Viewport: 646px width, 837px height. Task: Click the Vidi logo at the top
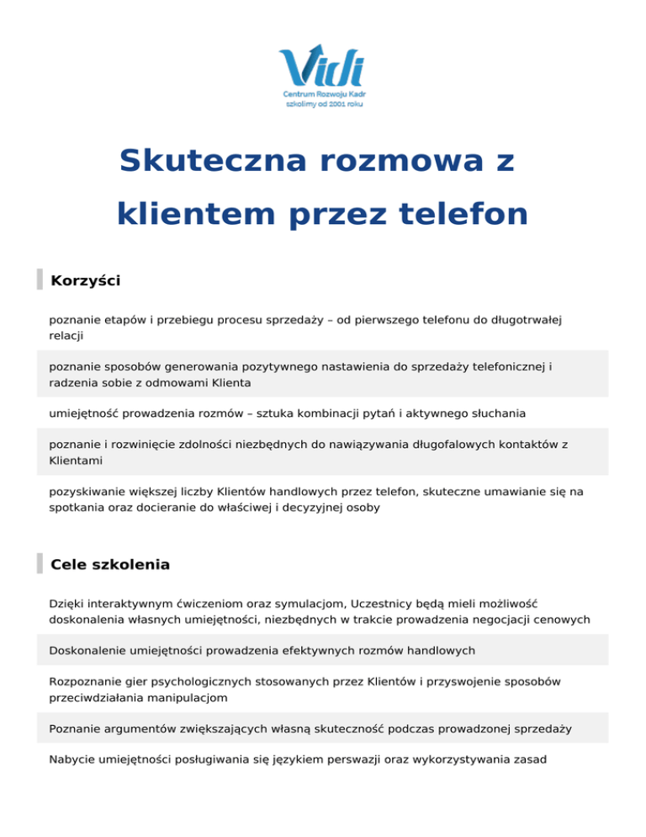pos(322,65)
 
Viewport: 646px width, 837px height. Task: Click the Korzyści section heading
pos(85,280)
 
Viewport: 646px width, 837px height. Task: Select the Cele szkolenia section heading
pos(110,564)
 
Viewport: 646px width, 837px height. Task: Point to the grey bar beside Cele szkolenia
pos(40,564)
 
